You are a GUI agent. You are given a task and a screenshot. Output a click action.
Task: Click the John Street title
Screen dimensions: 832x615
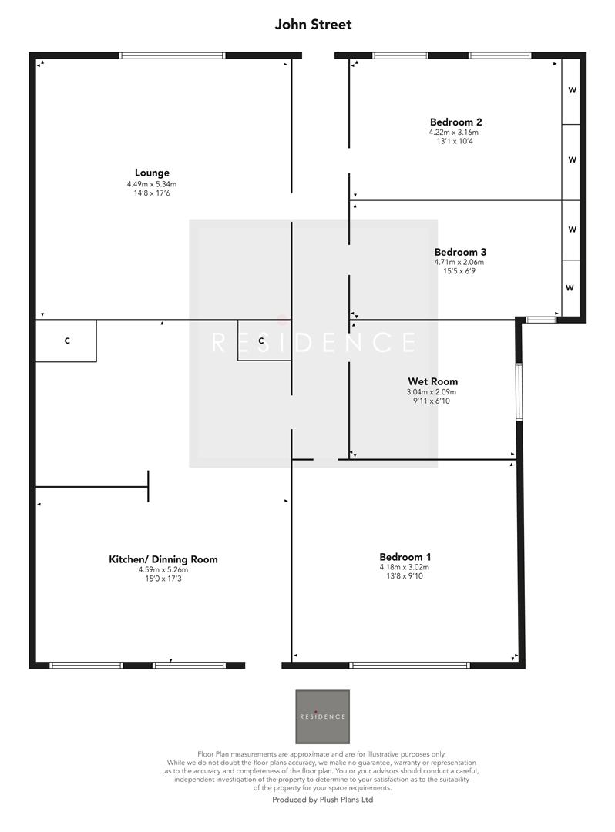[x=313, y=25]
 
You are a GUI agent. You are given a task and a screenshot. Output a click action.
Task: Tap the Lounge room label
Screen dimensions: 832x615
[x=152, y=173]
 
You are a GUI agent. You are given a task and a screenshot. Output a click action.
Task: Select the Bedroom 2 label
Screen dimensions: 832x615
[x=455, y=122]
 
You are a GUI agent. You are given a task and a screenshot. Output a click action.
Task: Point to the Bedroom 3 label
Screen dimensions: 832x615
[x=460, y=252]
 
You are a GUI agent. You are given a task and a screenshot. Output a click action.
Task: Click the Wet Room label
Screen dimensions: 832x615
[x=432, y=381]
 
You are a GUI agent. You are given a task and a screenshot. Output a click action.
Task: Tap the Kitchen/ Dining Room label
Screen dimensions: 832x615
[x=163, y=559]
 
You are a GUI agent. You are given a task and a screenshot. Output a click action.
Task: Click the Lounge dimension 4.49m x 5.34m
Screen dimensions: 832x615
[x=152, y=184]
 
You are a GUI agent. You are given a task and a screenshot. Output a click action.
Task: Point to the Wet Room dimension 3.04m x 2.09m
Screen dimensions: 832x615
[x=432, y=391]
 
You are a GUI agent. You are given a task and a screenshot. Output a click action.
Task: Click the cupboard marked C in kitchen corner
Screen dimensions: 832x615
[x=66, y=341]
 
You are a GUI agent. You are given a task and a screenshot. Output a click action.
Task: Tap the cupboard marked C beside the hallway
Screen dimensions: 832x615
[x=262, y=341]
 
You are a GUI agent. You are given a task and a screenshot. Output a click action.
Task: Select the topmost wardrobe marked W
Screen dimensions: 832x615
[x=572, y=90]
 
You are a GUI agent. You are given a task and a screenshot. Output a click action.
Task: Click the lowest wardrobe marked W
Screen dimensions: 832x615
[x=570, y=288]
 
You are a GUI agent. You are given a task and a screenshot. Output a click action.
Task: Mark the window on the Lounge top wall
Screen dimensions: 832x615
[x=172, y=55]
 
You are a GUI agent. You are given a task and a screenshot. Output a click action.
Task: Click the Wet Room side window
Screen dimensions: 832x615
[x=519, y=391]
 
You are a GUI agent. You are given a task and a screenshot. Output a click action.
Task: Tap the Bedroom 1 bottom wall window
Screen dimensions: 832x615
[x=408, y=664]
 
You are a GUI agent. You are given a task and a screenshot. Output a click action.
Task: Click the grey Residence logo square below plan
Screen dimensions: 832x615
[x=322, y=716]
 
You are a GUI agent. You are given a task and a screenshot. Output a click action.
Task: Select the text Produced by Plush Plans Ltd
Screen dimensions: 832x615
[x=322, y=800]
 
